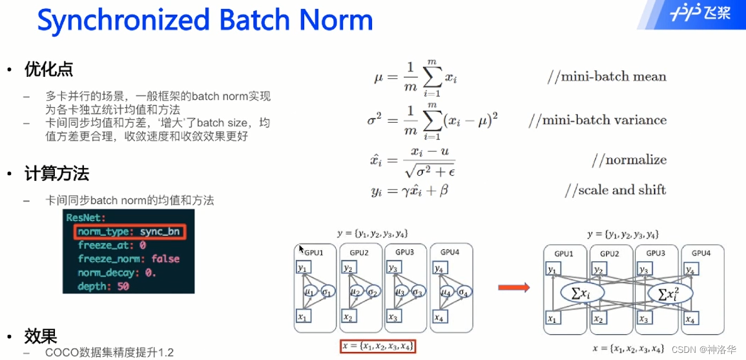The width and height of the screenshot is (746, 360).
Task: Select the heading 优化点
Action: point(48,69)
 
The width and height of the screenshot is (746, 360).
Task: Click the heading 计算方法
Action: point(57,174)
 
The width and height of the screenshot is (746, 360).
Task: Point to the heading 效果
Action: point(41,336)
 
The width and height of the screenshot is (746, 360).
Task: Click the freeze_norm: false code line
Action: point(129,259)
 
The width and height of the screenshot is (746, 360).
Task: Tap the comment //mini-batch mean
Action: point(606,77)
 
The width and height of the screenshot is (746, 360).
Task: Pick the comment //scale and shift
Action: point(615,190)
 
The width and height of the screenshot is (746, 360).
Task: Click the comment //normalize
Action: point(628,160)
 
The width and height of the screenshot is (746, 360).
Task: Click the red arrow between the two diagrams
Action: point(513,287)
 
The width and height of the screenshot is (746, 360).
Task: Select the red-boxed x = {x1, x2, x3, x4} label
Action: point(378,346)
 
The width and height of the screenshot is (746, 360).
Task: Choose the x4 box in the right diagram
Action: point(690,319)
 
